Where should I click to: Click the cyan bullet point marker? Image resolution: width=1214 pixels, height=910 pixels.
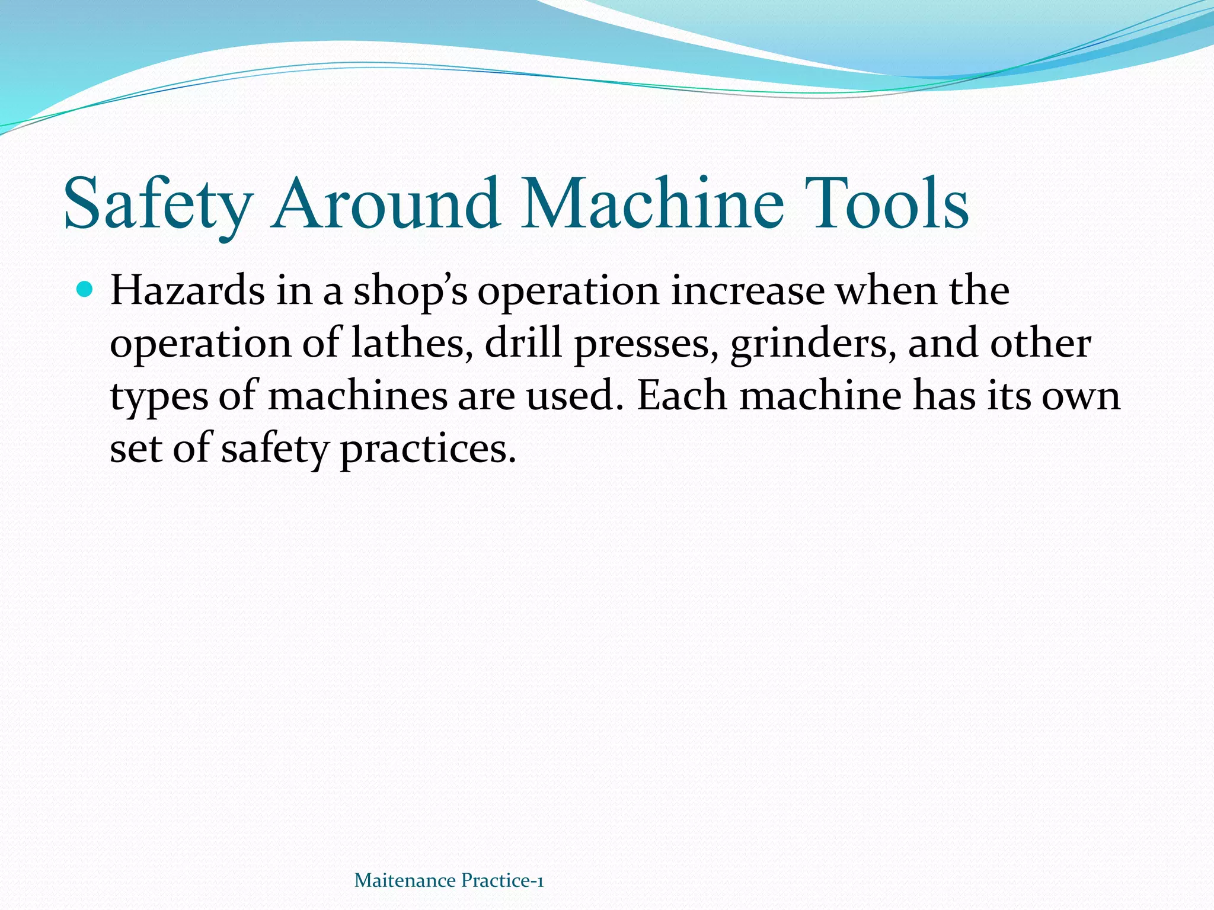85,290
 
